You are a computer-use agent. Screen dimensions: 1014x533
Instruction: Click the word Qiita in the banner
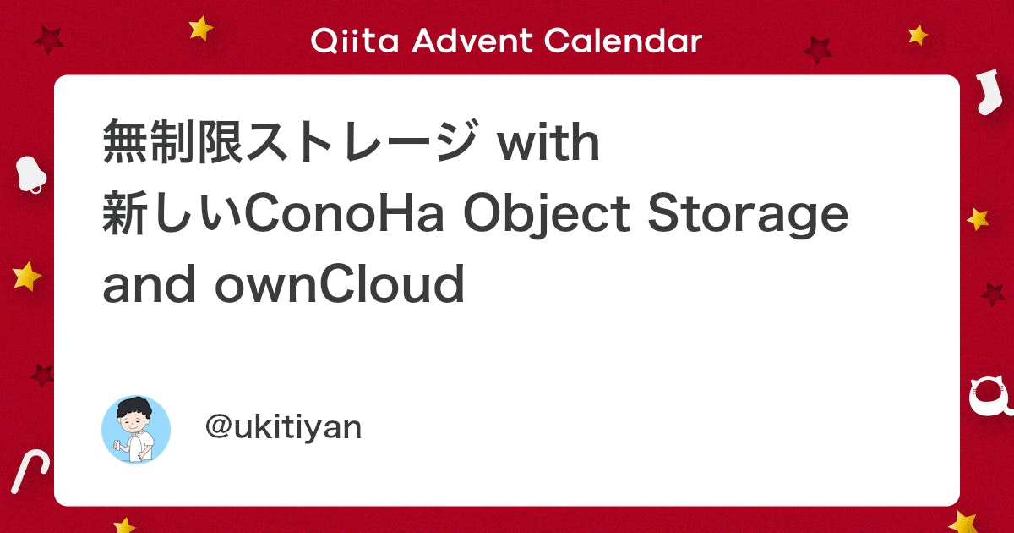pyautogui.click(x=355, y=41)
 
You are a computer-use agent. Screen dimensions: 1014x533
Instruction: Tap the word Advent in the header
pyautogui.click(x=472, y=41)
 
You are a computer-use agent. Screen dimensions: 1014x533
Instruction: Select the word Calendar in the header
pyautogui.click(x=623, y=41)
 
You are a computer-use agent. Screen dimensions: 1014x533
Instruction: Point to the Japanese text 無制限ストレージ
pyautogui.click(x=291, y=141)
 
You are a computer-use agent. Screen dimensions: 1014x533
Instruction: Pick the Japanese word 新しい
pyautogui.click(x=173, y=213)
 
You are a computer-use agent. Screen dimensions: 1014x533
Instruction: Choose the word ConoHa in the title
pyautogui.click(x=344, y=213)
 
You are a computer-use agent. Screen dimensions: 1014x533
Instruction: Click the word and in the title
pyautogui.click(x=149, y=283)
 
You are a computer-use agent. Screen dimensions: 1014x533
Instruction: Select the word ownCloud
pyautogui.click(x=340, y=283)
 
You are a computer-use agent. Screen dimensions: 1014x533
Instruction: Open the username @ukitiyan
pyautogui.click(x=283, y=427)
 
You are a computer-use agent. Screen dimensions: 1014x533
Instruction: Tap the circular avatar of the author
pyautogui.click(x=136, y=429)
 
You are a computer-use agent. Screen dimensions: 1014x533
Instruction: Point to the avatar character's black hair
pyautogui.click(x=134, y=408)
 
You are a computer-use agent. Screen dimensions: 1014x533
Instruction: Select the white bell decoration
pyautogui.click(x=30, y=174)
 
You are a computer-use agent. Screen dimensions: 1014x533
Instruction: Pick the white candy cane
pyautogui.click(x=29, y=471)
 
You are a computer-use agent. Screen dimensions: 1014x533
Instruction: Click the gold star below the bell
pyautogui.click(x=26, y=276)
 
